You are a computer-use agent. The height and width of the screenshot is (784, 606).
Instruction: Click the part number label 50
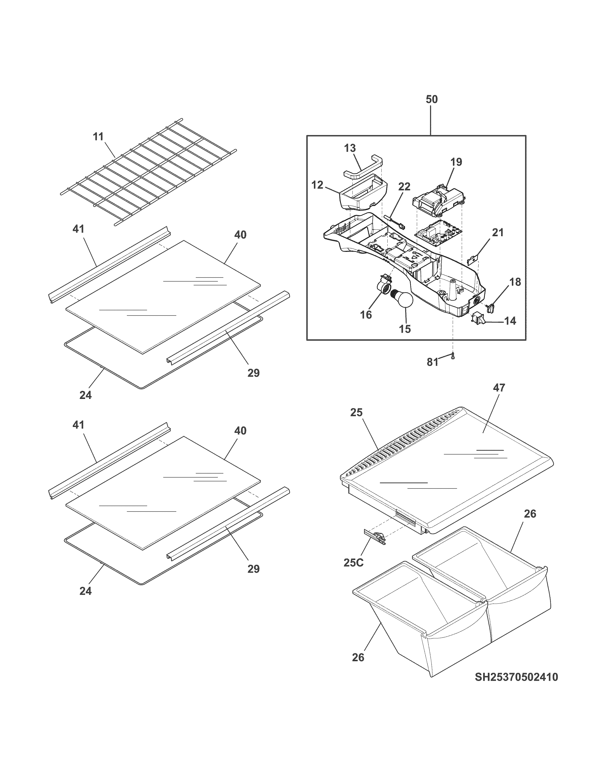point(432,100)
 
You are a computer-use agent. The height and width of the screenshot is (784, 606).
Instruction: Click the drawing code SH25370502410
point(516,677)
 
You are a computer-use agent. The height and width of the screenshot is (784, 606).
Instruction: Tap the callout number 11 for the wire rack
point(98,136)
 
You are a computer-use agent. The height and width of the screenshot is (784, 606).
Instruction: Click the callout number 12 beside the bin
point(317,185)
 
